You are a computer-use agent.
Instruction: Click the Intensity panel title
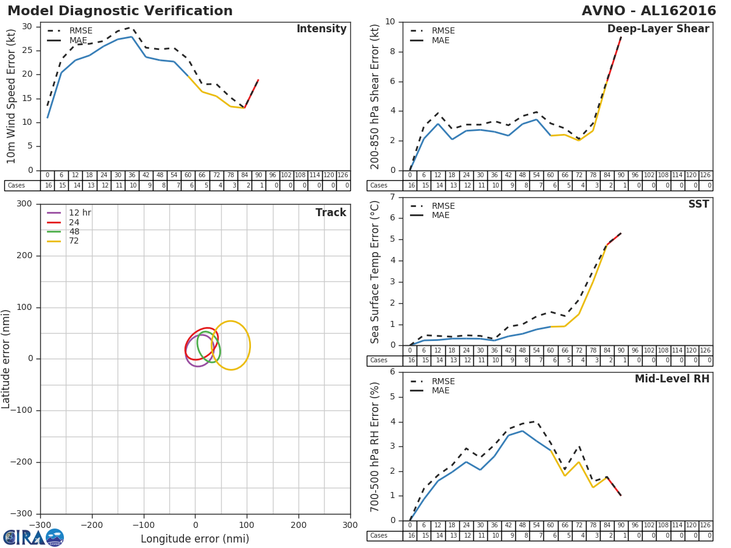tap(321, 29)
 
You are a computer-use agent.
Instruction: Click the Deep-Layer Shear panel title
tap(658, 29)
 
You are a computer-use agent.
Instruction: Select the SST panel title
tap(699, 205)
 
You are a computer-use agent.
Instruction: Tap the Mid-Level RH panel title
tap(672, 379)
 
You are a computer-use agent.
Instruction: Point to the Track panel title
tap(331, 213)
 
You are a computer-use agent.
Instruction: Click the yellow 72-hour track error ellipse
tap(249, 345)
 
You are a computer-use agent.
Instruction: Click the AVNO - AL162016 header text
tap(649, 11)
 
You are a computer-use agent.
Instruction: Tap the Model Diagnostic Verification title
tap(120, 11)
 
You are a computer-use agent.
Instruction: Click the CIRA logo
tap(34, 538)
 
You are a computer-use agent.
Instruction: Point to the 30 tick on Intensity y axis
tap(27, 26)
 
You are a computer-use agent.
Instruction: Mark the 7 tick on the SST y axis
tap(392, 197)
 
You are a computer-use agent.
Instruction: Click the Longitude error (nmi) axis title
tap(195, 539)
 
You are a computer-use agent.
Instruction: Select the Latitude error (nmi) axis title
tap(7, 359)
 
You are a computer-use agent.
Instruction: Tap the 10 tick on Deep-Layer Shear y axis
tap(389, 22)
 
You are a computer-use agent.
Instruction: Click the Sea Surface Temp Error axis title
tap(376, 272)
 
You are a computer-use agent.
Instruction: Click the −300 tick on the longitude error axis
tap(40, 525)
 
